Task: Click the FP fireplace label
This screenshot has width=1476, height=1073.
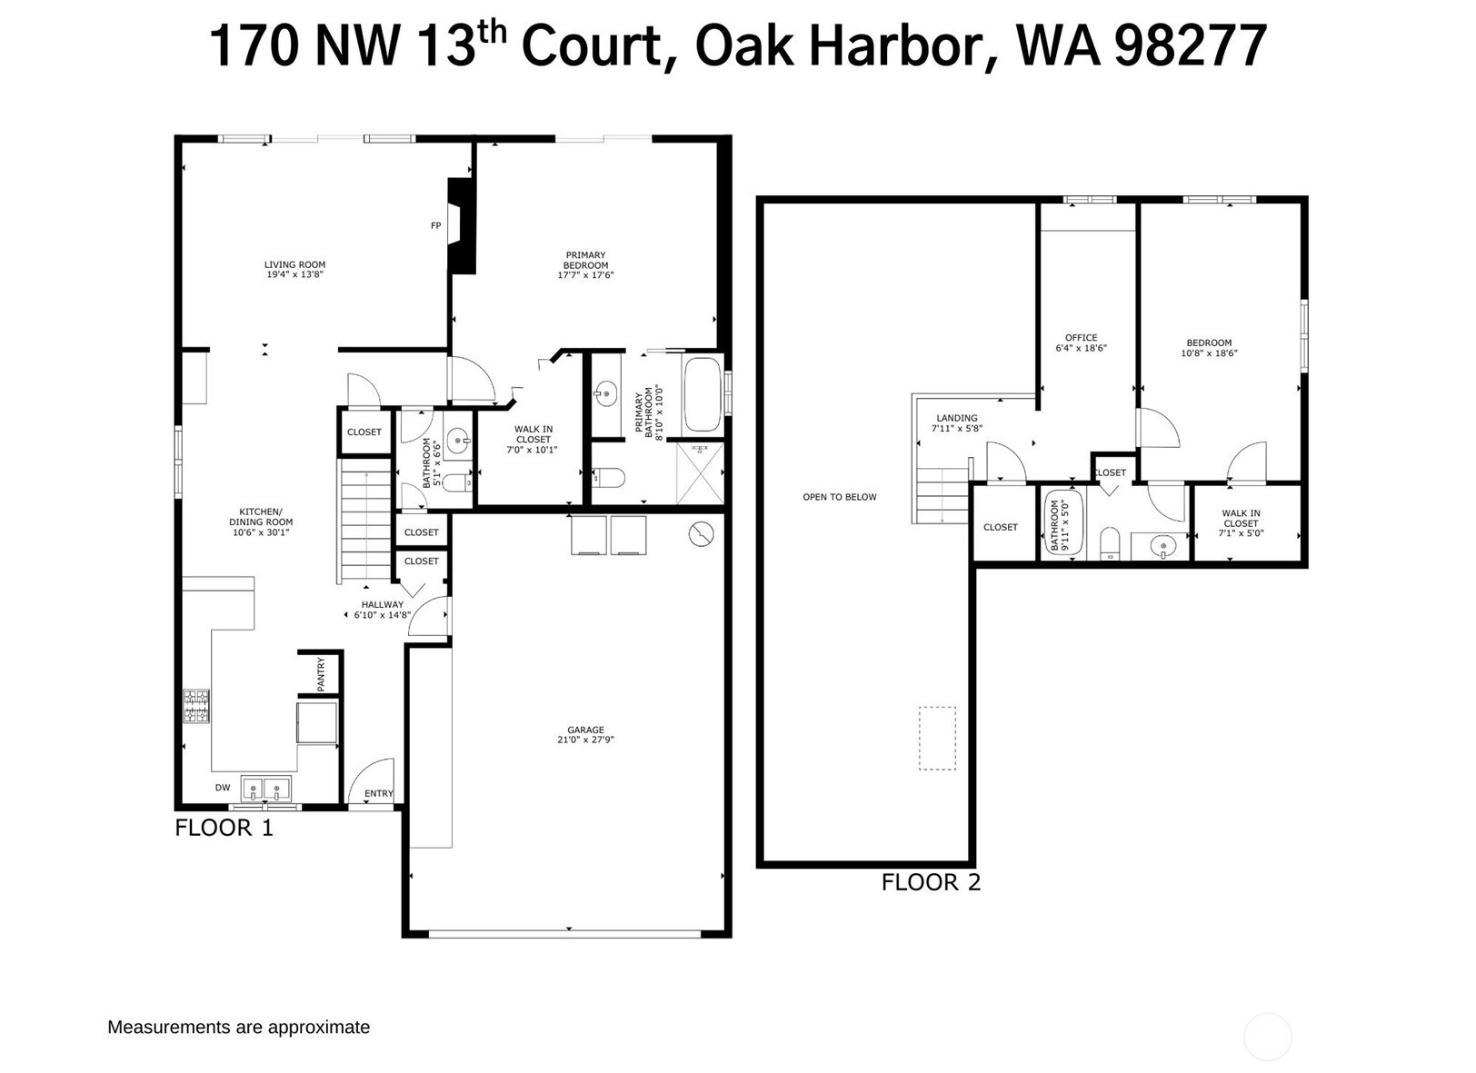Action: point(435,225)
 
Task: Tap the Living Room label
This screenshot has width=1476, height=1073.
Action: point(294,264)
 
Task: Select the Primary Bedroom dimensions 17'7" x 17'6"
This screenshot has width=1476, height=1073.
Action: point(585,275)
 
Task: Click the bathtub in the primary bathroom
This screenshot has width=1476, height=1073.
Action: point(701,394)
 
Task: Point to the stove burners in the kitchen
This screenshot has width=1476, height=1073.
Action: point(196,706)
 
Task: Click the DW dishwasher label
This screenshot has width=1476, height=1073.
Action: point(223,788)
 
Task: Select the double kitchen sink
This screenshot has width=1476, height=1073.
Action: point(265,788)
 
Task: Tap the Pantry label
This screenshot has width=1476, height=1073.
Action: point(321,674)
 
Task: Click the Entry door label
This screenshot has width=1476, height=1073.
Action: point(379,793)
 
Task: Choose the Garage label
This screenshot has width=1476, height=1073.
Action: point(585,730)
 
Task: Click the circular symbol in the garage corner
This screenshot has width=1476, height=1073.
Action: point(701,534)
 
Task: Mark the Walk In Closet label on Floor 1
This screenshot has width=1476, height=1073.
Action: point(534,434)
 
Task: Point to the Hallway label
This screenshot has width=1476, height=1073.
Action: point(382,604)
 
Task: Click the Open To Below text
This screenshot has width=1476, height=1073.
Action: point(840,497)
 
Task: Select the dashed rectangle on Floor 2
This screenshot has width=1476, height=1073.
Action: point(937,738)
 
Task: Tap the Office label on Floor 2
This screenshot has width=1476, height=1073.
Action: point(1081,337)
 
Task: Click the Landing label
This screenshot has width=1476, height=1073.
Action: point(957,418)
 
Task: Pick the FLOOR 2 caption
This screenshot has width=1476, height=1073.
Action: point(931,882)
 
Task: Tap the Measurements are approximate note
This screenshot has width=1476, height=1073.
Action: point(239,1027)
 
